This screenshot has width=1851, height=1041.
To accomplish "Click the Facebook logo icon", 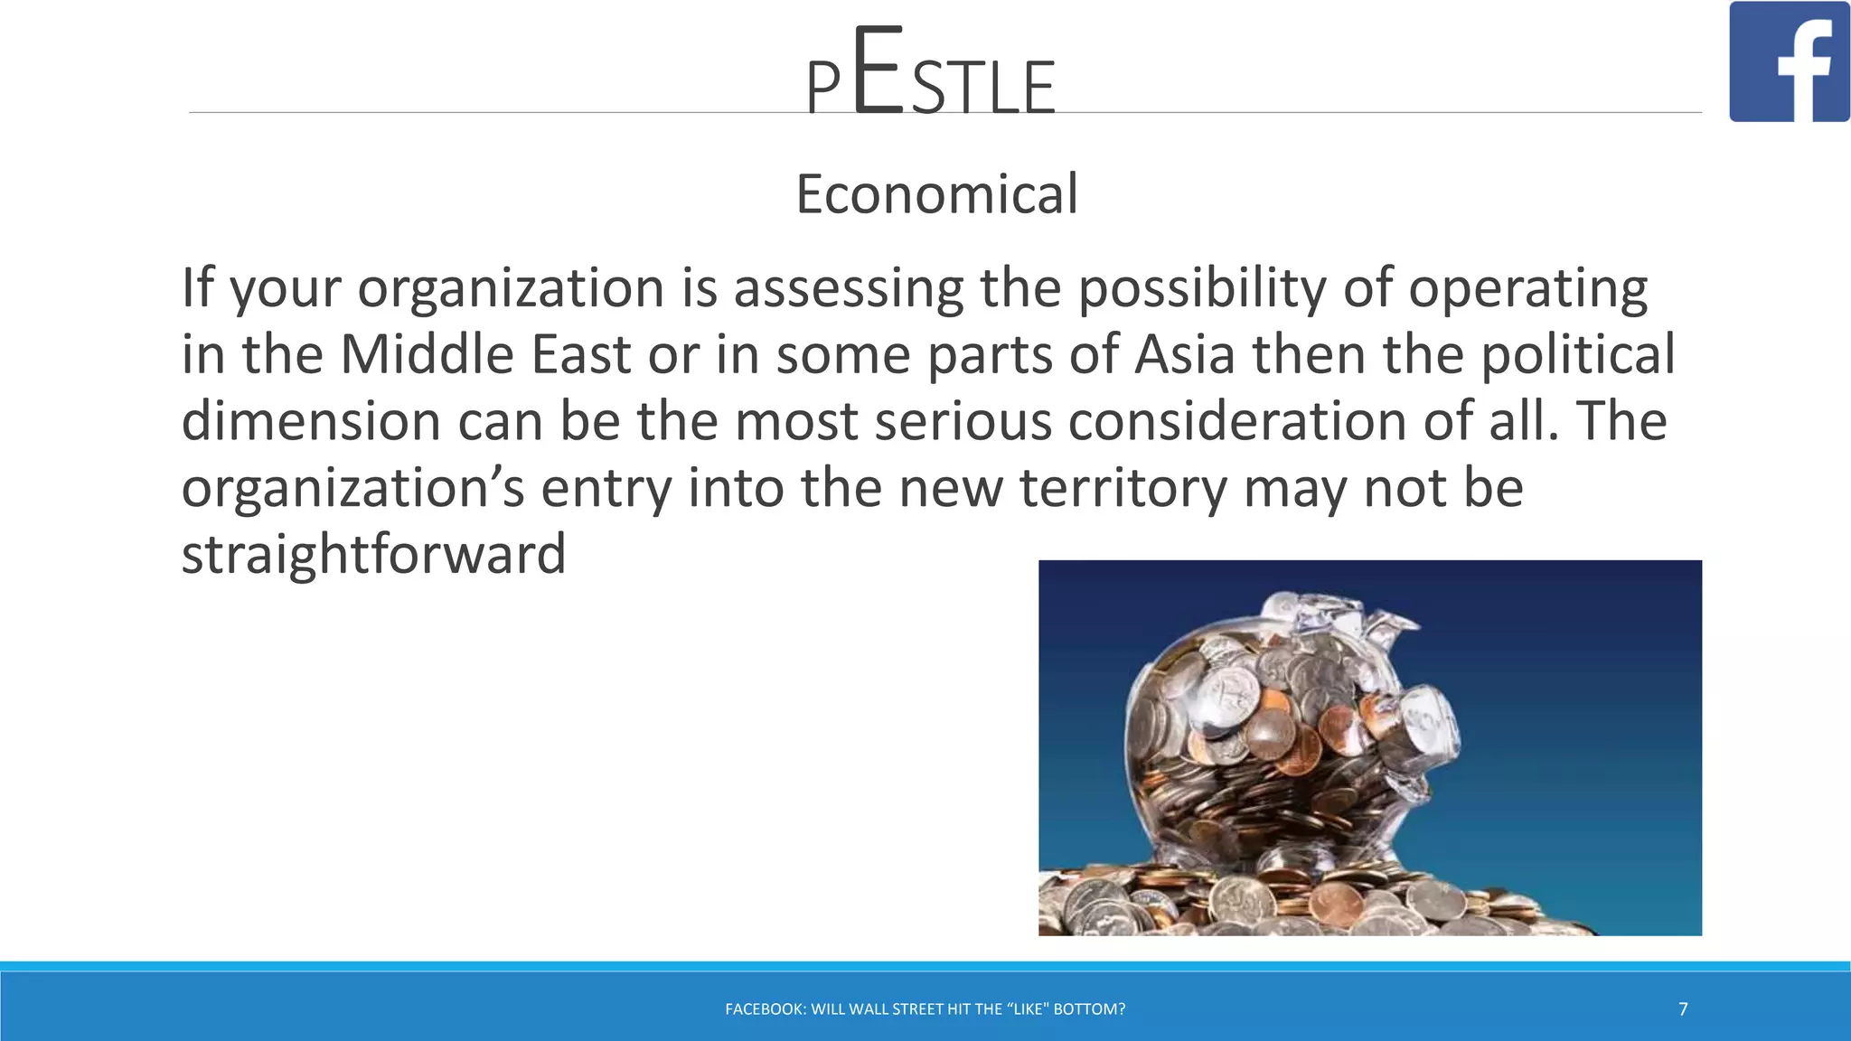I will [x=1789, y=61].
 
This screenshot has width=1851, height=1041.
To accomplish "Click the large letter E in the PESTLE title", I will [x=877, y=72].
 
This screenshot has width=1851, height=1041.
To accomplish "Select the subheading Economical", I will [x=936, y=193].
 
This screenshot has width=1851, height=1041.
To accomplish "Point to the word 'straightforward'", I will [x=373, y=554].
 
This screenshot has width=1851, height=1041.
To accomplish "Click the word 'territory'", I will [x=1123, y=488].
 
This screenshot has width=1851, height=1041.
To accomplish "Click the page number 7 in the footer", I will [x=1683, y=1009].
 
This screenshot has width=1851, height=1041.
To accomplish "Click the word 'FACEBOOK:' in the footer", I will [x=765, y=1009].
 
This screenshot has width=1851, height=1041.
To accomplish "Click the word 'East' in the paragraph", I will [x=580, y=354].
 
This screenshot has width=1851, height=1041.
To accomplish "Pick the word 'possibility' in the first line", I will [x=1202, y=288].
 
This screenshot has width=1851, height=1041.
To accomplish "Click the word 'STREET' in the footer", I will [x=917, y=1009].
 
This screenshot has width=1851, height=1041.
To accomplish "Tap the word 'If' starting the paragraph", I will [x=197, y=288].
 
